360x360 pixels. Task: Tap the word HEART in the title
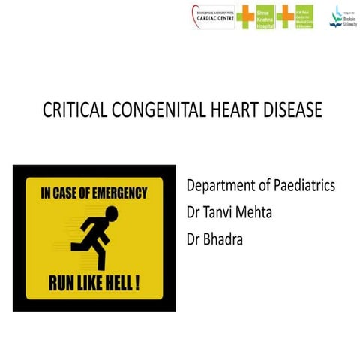click(x=233, y=110)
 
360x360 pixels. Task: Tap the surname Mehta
click(x=271, y=212)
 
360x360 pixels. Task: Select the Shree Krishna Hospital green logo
click(x=265, y=17)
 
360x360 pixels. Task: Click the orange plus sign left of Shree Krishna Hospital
click(x=245, y=16)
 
